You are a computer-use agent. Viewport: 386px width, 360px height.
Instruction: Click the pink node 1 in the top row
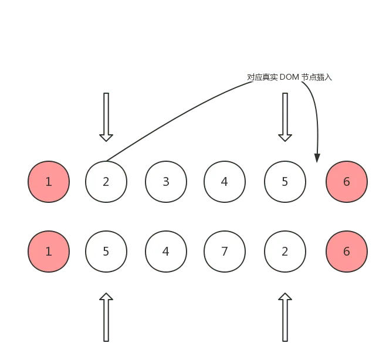49,182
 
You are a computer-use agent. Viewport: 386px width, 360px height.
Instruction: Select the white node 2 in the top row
106,182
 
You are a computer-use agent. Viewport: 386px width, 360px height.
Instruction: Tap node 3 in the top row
166,182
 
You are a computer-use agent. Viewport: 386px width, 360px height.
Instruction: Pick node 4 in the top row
225,182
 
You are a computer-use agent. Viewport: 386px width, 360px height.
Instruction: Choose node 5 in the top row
285,182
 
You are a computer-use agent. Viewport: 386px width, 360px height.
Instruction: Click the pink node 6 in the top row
347,182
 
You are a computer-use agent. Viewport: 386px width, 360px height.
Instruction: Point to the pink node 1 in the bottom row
49,252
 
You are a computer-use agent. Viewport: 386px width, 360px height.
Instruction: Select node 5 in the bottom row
106,252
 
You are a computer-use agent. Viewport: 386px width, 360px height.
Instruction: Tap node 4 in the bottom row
166,252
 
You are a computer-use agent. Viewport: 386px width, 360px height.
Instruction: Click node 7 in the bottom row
225,252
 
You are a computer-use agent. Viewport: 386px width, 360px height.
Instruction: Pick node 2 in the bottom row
285,252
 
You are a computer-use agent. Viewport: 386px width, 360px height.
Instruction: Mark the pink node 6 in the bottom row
347,252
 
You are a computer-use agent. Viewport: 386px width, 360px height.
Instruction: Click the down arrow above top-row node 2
106,117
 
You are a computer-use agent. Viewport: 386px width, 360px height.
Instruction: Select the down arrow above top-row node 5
285,117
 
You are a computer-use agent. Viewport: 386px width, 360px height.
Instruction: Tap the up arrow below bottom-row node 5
106,317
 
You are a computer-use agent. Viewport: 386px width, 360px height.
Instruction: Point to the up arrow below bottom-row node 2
285,317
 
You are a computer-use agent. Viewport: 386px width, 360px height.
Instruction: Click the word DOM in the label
289,77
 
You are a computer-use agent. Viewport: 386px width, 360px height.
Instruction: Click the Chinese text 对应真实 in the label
262,77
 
